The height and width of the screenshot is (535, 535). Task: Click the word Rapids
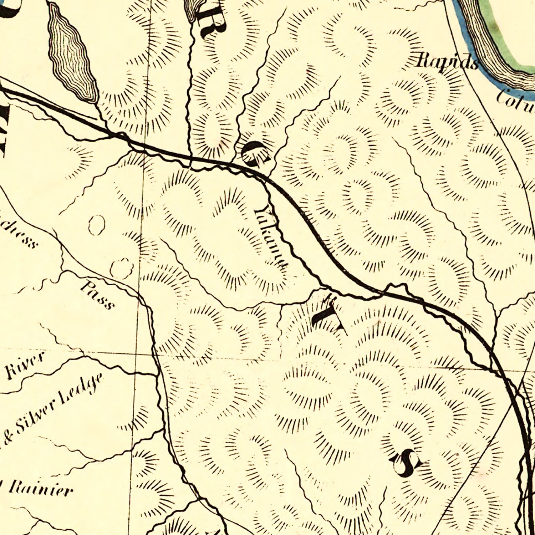click(447, 61)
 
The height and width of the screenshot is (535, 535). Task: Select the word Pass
click(97, 295)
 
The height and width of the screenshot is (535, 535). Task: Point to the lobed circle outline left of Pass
click(121, 268)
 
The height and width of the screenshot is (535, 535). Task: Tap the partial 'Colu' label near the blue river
click(515, 100)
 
